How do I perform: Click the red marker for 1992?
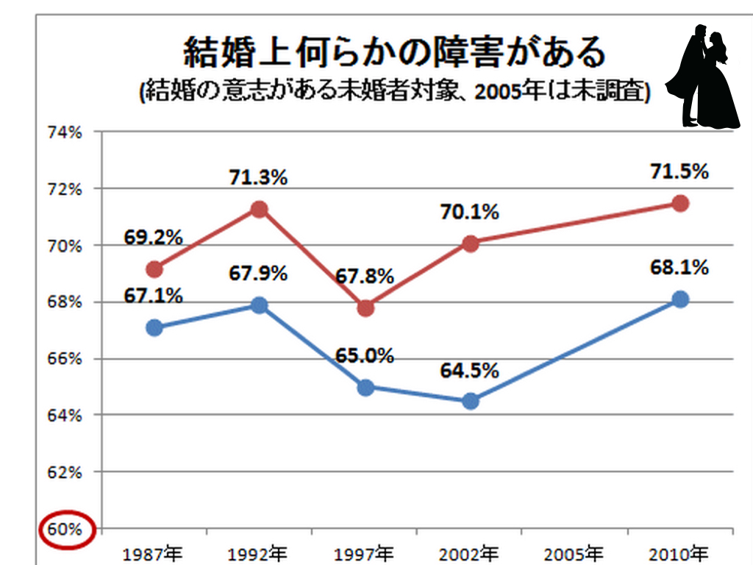[x=259, y=210]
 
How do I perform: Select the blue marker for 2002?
[x=471, y=401]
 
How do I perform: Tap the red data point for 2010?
[x=680, y=203]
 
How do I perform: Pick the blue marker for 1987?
[x=154, y=328]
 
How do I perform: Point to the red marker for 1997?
[x=365, y=308]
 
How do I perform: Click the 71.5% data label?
[x=679, y=172]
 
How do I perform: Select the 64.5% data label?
[x=470, y=370]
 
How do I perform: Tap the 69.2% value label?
[x=153, y=238]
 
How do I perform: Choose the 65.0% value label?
[x=365, y=355]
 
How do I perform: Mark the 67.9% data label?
[x=257, y=273]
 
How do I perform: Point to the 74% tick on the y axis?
[x=66, y=132]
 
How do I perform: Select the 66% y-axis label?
[x=66, y=359]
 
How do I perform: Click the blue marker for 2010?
[x=680, y=299]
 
